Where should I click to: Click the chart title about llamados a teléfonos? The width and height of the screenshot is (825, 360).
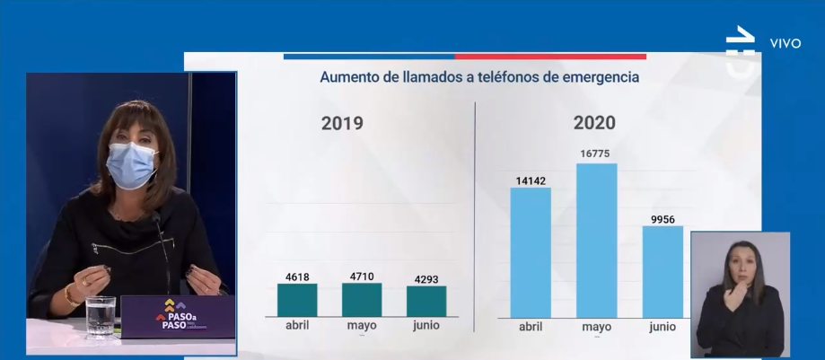pos(479,78)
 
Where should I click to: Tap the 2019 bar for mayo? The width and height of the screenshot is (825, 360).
pos(361,300)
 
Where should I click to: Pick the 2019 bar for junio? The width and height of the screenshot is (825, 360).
pos(426,301)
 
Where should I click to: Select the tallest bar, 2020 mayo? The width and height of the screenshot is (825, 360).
pos(596,240)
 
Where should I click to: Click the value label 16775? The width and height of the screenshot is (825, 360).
pos(596,154)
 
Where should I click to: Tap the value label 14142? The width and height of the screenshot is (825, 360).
pos(531,179)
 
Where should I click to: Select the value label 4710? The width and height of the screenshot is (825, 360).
pos(361,276)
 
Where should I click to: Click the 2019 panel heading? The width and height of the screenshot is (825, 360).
pos(342,123)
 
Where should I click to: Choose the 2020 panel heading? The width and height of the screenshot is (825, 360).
pos(593,123)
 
